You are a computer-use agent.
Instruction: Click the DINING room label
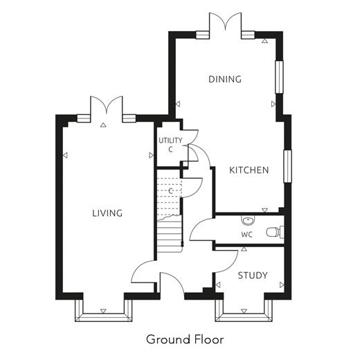tap(225, 79)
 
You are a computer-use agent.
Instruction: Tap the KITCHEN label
tap(249, 170)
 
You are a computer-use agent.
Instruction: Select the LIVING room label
tap(107, 213)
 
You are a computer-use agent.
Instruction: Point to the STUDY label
tap(253, 276)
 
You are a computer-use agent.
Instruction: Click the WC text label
tap(246, 235)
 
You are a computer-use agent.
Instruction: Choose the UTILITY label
tap(170, 141)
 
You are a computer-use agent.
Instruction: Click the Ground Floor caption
tap(185, 339)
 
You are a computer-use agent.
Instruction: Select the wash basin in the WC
tap(248, 220)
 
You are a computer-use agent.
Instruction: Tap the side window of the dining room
tap(279, 77)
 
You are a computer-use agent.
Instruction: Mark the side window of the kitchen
tap(287, 166)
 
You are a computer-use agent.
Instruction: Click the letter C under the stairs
tap(170, 191)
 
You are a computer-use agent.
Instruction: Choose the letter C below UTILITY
tap(170, 150)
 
